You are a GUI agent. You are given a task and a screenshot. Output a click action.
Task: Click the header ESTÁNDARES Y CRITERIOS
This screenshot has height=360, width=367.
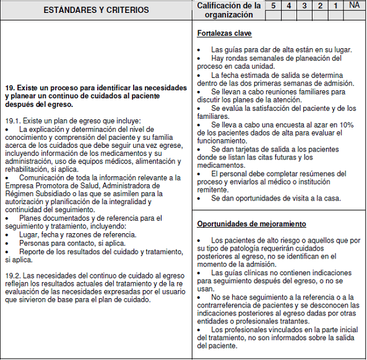[97, 10]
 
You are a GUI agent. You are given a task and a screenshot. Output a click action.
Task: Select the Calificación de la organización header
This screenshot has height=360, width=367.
[228, 10]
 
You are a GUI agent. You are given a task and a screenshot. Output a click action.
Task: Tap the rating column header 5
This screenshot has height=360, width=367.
[273, 5]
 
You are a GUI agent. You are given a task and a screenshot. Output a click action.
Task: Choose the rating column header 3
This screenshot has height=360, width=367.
[304, 5]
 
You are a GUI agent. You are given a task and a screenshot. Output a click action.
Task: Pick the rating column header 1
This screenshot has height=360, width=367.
[335, 5]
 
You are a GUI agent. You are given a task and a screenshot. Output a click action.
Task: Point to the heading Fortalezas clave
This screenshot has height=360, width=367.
[224, 33]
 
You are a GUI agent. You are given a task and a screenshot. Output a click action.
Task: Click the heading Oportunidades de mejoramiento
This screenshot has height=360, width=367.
[251, 223]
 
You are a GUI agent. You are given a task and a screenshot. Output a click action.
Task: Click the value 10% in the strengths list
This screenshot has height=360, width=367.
[346, 124]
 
